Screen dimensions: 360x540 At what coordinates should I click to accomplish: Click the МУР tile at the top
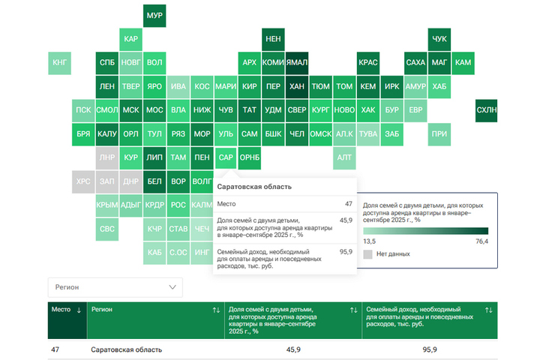pos(154,16)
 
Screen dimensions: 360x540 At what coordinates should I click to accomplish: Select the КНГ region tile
pos(60,63)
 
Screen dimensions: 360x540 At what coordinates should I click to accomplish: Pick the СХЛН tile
pos(486,110)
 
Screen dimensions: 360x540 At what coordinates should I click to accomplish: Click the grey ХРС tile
pos(84,181)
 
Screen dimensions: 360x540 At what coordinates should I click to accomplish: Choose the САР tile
pos(225,158)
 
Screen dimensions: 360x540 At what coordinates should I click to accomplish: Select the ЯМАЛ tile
pos(297,63)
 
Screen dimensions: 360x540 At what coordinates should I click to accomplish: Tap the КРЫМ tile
pos(108,205)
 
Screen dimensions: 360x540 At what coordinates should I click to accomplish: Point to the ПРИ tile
pos(439,134)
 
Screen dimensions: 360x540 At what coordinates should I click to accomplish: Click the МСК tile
pos(131,110)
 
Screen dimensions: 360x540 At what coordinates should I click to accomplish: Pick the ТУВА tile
pos(368,134)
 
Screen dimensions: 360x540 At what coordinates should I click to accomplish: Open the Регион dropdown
pos(115,287)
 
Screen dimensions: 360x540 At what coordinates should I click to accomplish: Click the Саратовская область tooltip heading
pos(254,187)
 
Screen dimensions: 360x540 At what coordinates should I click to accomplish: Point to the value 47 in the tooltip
pos(348,204)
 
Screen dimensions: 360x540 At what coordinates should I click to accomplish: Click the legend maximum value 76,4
pos(481,241)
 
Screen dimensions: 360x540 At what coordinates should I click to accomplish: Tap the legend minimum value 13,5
pos(370,241)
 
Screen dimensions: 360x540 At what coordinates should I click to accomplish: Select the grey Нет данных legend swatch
pos(367,254)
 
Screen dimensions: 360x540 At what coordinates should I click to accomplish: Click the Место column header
pos(61,309)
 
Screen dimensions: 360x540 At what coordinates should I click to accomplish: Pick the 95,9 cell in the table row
pos(430,350)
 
